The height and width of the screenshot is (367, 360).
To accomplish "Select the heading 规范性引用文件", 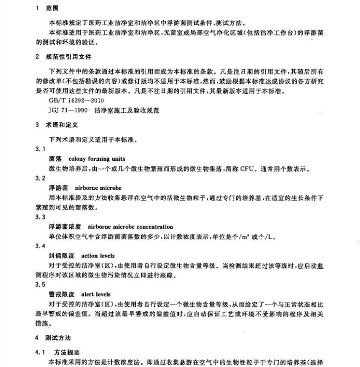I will (71, 57).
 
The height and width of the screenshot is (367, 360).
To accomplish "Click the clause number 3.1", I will (40, 148).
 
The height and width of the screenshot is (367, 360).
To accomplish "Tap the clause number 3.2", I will (40, 178).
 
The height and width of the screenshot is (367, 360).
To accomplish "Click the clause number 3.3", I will (40, 217).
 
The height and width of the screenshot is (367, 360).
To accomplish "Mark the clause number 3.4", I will (40, 246).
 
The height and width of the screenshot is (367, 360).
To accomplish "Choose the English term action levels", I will (98, 256).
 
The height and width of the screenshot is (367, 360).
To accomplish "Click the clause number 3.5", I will (40, 285).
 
